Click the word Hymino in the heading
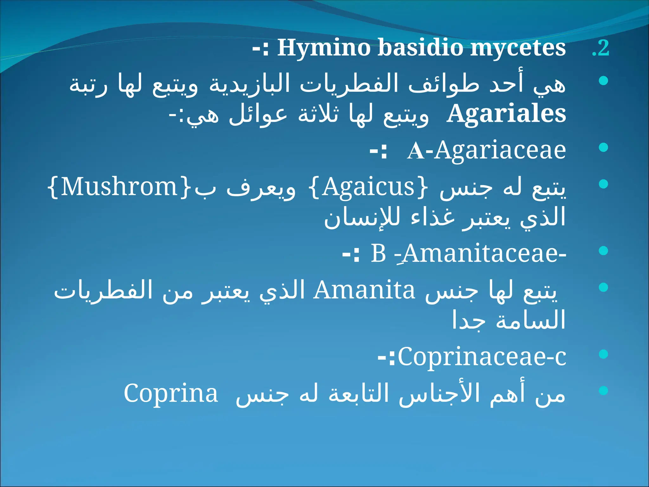pyautogui.click(x=324, y=48)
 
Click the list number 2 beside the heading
pyautogui.click(x=601, y=48)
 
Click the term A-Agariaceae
pyautogui.click(x=486, y=151)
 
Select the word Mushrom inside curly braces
pyautogui.click(x=119, y=187)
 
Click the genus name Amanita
pyautogui.click(x=364, y=290)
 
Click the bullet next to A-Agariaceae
pyautogui.click(x=604, y=147)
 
